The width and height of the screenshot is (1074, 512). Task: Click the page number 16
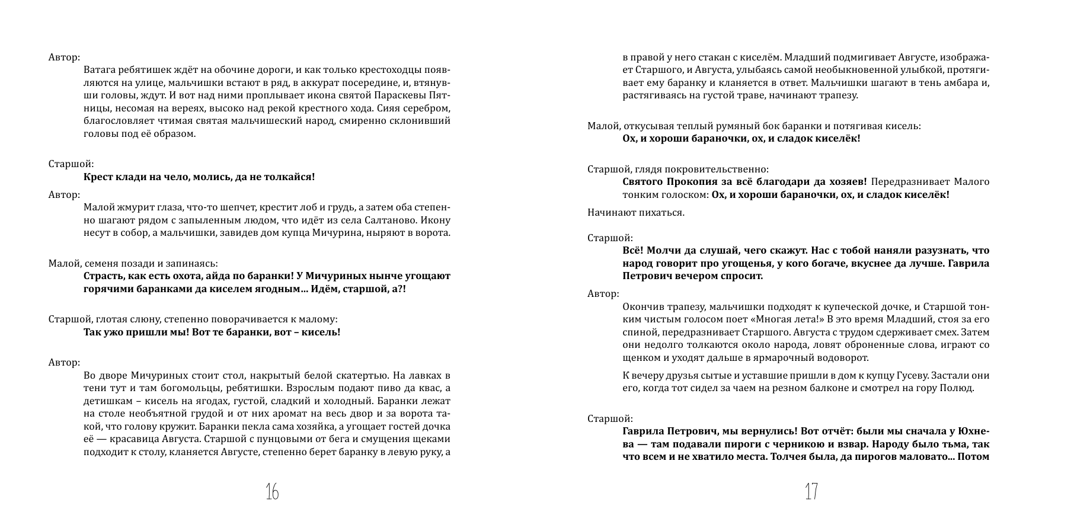272,491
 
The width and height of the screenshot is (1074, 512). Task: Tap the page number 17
811,491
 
